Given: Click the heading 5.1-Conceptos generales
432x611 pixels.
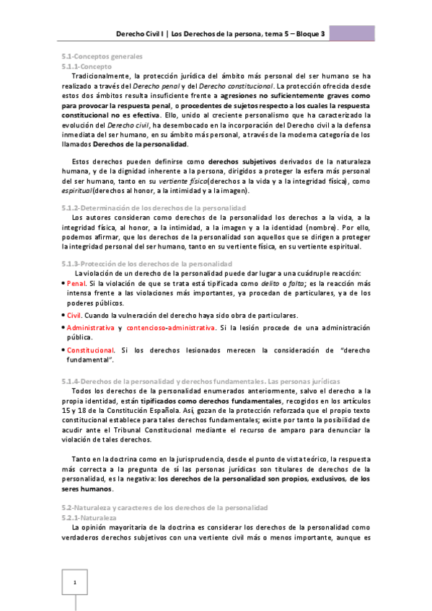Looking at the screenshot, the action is click(101, 56).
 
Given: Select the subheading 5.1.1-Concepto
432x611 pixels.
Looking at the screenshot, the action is click(87, 66).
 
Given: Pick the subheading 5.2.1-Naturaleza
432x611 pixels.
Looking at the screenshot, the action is click(89, 517).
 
